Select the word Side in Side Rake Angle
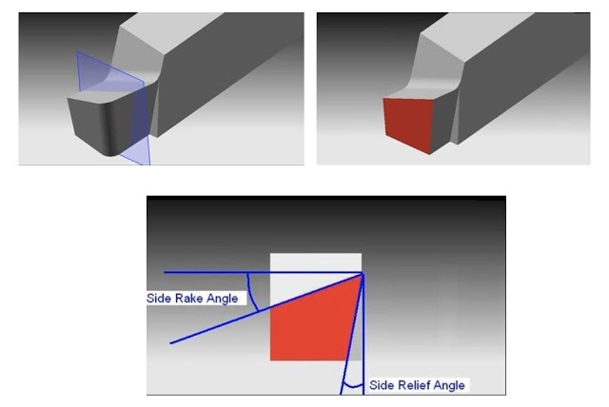(159, 299)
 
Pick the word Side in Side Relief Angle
(379, 385)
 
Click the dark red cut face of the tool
(408, 125)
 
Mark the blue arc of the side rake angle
(252, 292)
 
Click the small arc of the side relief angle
(353, 386)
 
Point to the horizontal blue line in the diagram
(264, 273)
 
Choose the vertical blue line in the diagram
(363, 334)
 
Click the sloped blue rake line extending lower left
(266, 308)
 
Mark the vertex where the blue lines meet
(363, 274)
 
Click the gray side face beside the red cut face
(444, 120)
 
